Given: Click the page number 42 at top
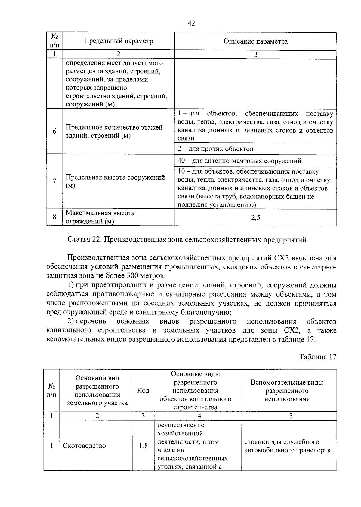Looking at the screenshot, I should (191, 23).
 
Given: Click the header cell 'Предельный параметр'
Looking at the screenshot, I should (118, 41).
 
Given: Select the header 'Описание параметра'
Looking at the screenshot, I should (255, 41).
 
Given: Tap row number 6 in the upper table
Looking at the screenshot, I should (54, 131).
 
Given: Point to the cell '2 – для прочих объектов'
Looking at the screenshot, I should (215, 149).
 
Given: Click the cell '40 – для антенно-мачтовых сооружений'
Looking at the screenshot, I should (239, 161).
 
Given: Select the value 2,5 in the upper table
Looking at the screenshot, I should (255, 217).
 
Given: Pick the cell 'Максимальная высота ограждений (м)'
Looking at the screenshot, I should (100, 217).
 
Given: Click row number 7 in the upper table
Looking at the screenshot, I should (54, 181).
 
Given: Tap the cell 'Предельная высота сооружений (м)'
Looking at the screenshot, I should (115, 181).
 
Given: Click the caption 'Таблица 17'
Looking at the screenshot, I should (317, 357).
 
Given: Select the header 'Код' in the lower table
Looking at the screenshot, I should (143, 390).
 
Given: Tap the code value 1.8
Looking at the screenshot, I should (143, 446).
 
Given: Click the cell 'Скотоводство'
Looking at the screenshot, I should (85, 446).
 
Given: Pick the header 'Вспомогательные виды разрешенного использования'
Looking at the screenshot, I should (287, 391).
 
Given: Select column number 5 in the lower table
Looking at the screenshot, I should (290, 416).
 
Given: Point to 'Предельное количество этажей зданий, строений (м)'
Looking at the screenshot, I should (114, 131).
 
